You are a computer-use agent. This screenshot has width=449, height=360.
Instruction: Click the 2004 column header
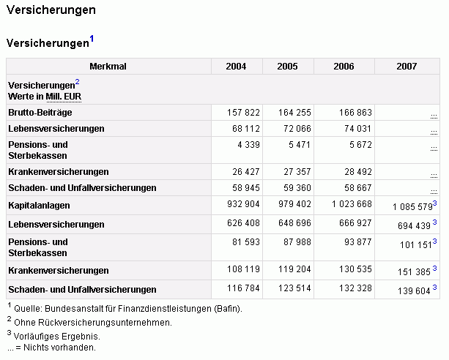(236, 67)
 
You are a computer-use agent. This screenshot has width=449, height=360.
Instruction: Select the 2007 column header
(407, 67)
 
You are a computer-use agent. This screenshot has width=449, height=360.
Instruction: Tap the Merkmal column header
(108, 67)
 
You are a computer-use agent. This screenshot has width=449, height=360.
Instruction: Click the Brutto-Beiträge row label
(40, 113)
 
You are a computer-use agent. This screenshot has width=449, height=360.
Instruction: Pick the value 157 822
(243, 113)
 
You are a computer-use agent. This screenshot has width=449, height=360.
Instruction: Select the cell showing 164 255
(294, 113)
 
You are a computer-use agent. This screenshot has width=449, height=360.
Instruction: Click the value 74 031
(358, 129)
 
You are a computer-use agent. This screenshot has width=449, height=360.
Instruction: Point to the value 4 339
(248, 145)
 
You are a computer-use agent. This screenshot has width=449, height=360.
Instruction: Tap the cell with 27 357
(297, 172)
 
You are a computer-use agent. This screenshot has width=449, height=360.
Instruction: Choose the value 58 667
(358, 188)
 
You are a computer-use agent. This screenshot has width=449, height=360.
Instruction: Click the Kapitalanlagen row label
(39, 206)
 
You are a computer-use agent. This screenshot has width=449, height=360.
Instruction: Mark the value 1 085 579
(412, 206)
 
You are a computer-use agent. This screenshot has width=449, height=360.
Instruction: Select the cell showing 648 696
(294, 223)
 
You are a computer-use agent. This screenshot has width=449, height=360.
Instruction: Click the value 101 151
(416, 245)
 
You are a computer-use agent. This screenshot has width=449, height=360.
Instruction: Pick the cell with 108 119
(243, 269)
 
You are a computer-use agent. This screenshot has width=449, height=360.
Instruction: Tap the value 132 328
(355, 288)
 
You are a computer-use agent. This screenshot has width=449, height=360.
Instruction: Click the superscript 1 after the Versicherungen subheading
(92, 38)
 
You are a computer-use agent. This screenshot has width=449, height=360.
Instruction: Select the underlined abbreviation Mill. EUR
(64, 97)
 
